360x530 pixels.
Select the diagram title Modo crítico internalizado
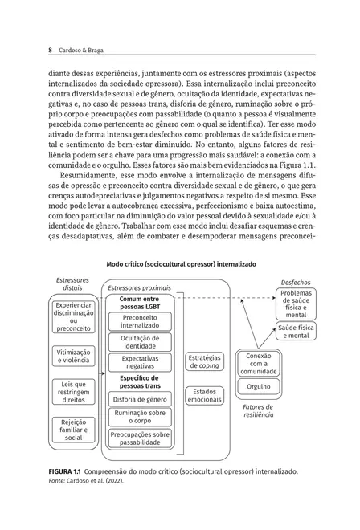(180, 263)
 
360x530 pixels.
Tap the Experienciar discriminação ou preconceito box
(74, 316)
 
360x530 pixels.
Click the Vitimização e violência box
(74, 356)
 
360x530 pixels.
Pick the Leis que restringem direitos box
(74, 391)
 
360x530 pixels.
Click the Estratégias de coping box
(205, 361)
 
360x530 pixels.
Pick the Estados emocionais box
(205, 395)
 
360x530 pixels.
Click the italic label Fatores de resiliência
(258, 411)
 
